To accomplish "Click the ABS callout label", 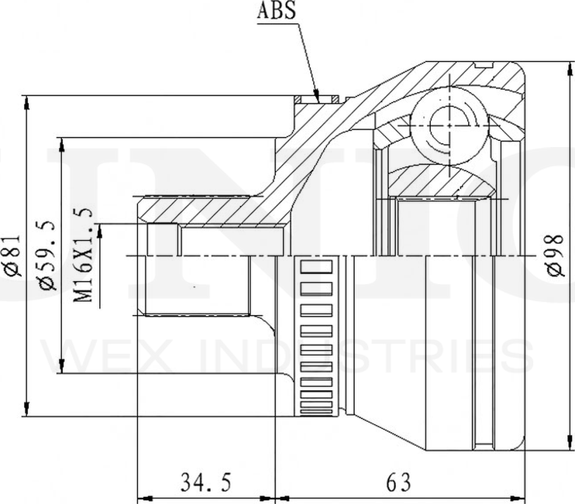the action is pyautogui.click(x=276, y=10).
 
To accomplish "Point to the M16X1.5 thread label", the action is pyautogui.click(x=82, y=255).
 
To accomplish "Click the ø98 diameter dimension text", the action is pyautogui.click(x=554, y=255).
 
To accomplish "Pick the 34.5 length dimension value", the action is pyautogui.click(x=205, y=482).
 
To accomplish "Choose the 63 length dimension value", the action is pyautogui.click(x=398, y=482).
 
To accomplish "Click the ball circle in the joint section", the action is pyautogui.click(x=449, y=125).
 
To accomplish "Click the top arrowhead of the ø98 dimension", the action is pyautogui.click(x=570, y=69).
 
